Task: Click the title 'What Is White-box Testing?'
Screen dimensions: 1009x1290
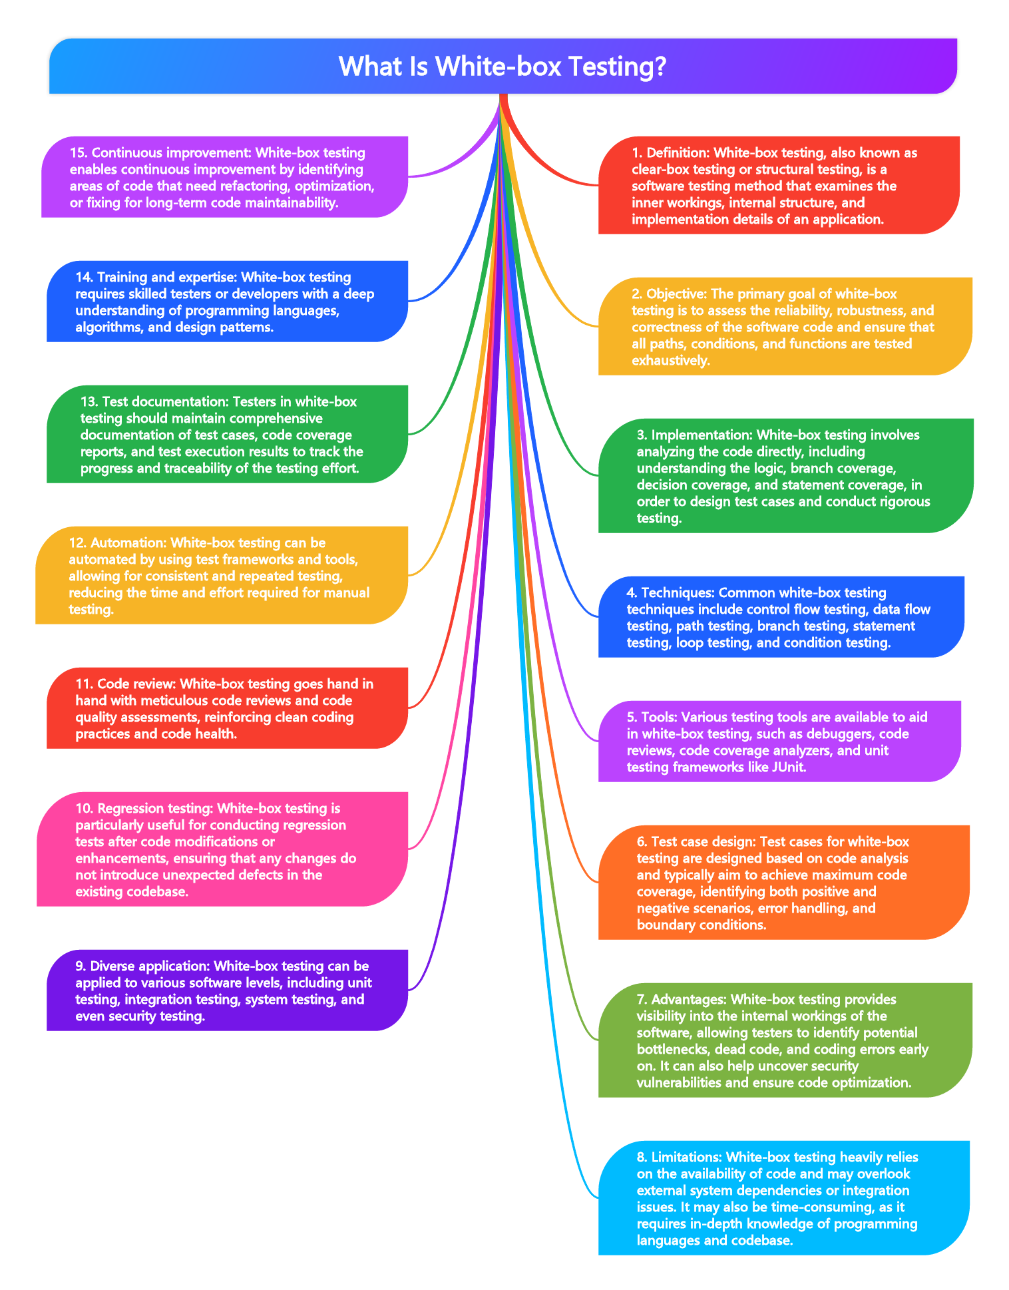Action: tap(503, 67)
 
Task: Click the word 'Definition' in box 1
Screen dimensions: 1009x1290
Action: tap(676, 152)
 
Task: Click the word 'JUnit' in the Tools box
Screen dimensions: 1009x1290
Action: tap(787, 767)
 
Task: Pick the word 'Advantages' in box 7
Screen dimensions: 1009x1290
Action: tap(686, 999)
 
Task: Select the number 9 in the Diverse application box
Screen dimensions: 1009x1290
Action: tap(80, 966)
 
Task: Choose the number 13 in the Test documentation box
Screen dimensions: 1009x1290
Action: tap(88, 401)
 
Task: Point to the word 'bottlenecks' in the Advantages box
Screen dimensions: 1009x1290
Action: tap(673, 1049)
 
